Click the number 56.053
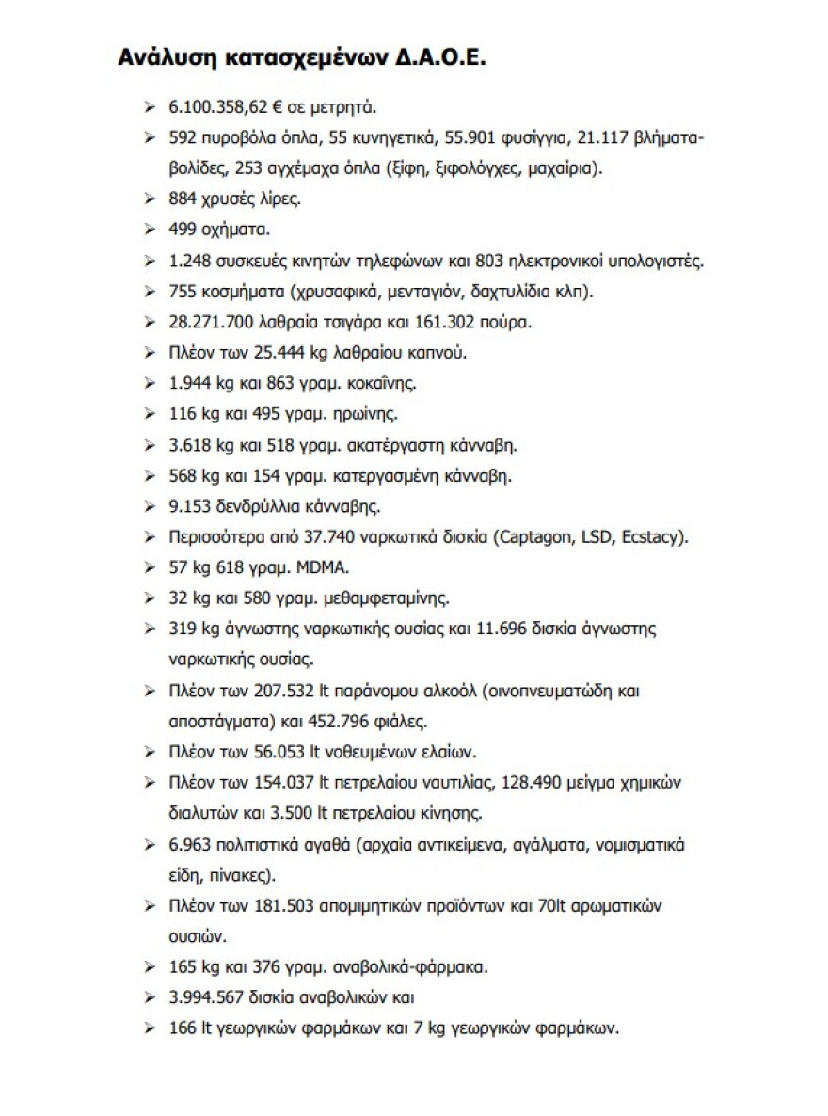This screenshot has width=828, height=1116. coord(280,752)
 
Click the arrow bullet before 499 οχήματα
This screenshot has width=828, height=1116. coord(150,231)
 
